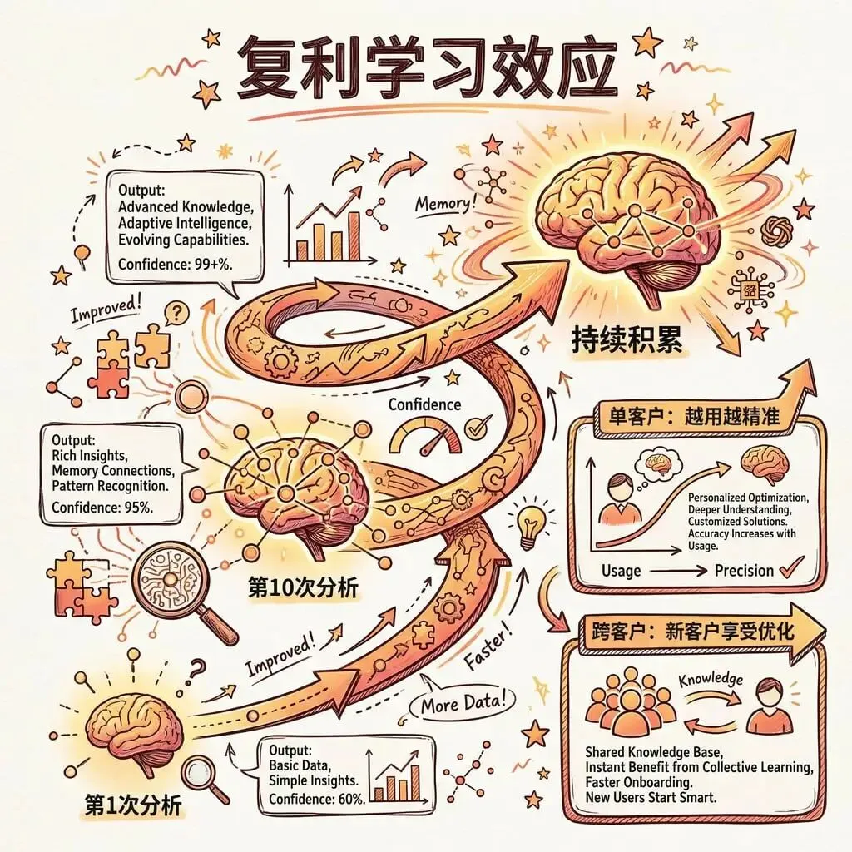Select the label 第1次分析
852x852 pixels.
[133, 805]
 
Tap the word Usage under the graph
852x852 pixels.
[621, 571]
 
